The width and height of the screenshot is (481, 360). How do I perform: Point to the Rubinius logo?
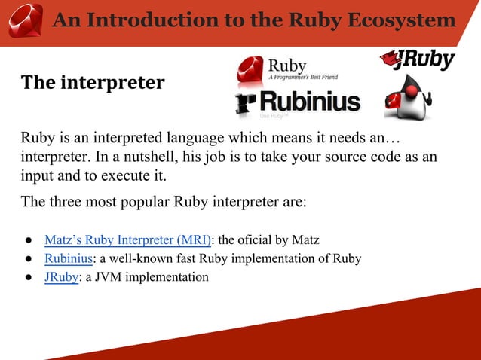point(298,103)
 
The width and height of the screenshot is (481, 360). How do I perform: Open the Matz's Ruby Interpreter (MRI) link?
point(127,240)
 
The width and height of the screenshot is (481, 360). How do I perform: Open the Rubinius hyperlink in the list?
point(69,258)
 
